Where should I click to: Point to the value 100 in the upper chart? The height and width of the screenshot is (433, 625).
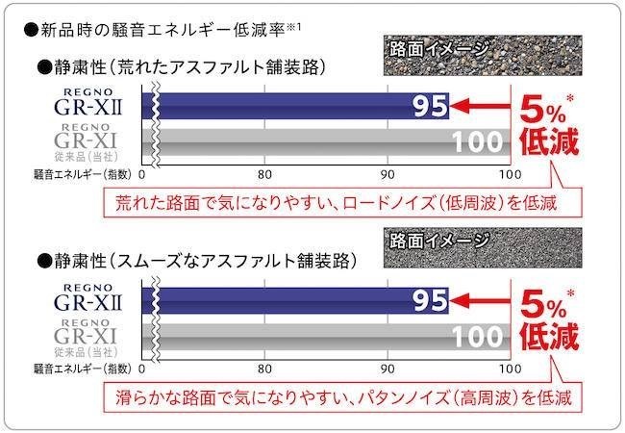[477, 143]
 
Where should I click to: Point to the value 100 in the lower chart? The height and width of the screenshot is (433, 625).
[477, 338]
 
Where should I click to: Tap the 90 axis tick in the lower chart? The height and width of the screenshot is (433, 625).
[387, 369]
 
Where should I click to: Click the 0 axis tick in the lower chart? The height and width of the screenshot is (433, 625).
[142, 369]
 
